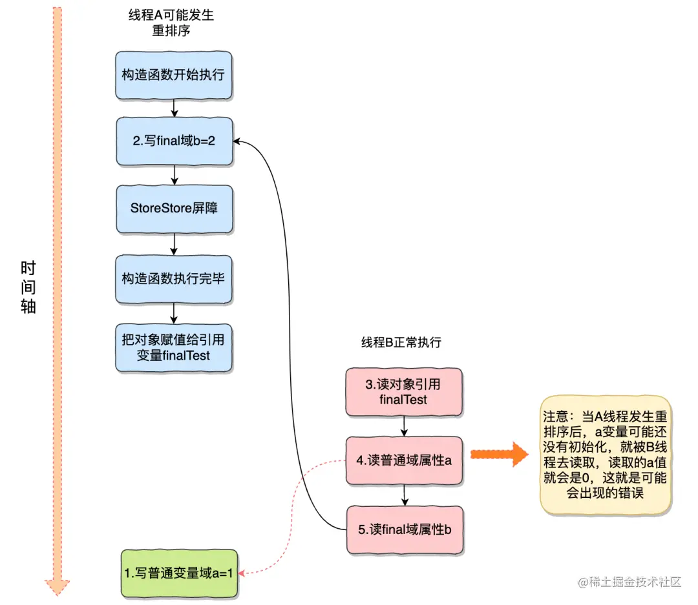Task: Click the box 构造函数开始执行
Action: pos(173,75)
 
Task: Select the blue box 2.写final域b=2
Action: pos(173,141)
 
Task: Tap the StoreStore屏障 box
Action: pos(173,209)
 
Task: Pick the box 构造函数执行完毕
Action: pos(173,278)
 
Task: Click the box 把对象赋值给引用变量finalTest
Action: pos(173,347)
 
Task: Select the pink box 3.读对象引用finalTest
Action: pos(404,392)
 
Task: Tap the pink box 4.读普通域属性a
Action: pos(404,460)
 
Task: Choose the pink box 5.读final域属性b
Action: pos(404,529)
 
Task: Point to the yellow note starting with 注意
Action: pos(606,455)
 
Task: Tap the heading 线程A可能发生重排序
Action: pos(171,23)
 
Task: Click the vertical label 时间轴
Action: pos(28,287)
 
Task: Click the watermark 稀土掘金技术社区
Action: pos(629,582)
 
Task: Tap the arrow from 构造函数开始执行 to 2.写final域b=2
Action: pos(174,108)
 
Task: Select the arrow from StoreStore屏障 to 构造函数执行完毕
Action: pos(174,243)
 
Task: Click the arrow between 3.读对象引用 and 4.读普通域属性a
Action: pos(404,426)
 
